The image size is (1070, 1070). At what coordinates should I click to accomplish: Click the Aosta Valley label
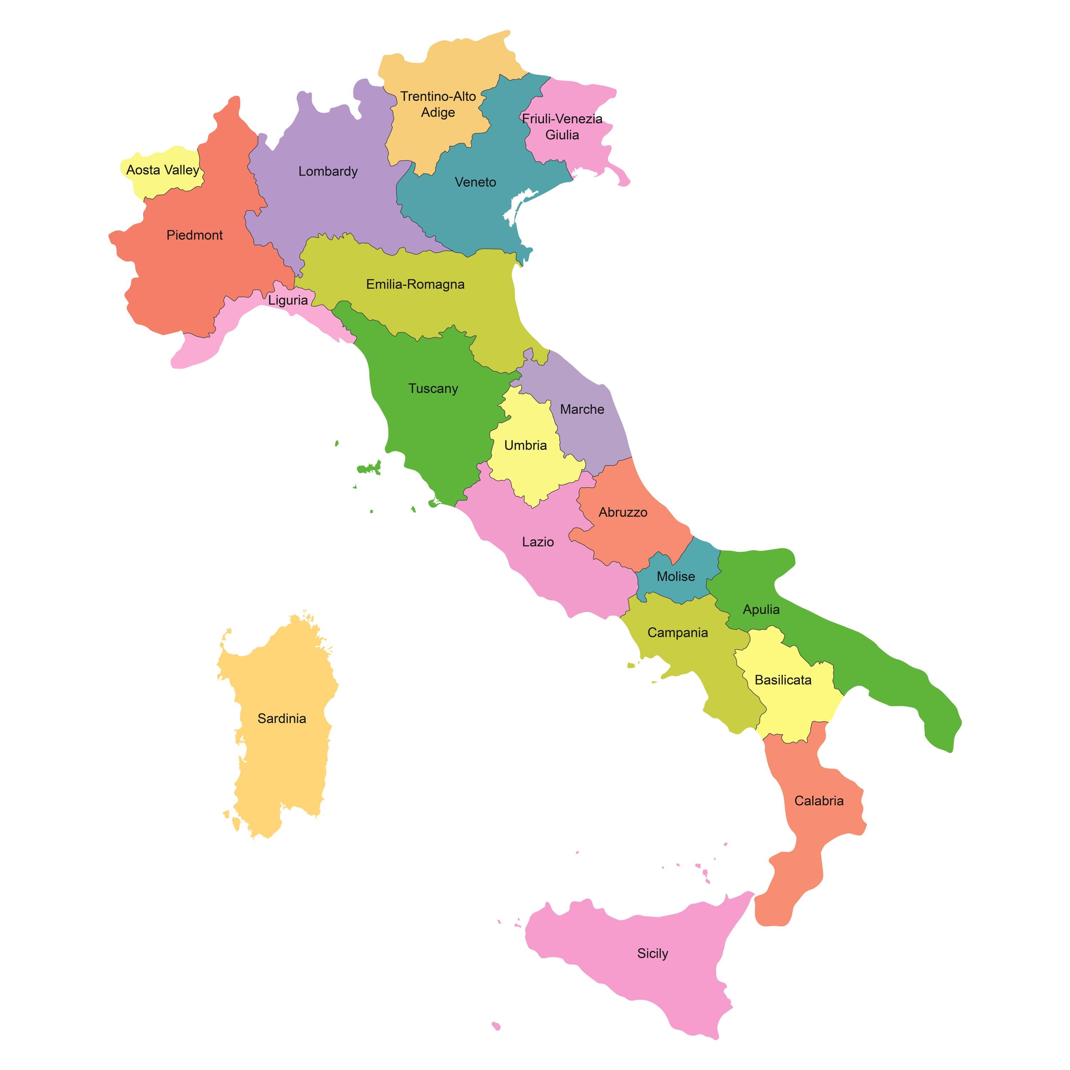[x=162, y=170]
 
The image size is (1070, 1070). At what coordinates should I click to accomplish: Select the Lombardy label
[x=328, y=172]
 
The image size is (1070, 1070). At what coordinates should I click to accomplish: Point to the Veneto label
[x=475, y=182]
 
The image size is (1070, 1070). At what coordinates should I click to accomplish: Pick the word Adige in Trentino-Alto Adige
[x=438, y=112]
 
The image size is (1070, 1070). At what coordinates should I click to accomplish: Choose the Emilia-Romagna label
[x=416, y=285]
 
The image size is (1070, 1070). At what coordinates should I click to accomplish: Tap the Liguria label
[x=288, y=300]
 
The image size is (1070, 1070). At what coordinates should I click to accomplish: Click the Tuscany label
[x=433, y=389]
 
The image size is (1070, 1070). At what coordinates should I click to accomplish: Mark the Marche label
[x=582, y=409]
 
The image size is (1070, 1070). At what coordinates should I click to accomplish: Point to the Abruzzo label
[x=622, y=512]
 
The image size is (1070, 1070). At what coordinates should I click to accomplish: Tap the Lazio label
[x=538, y=542]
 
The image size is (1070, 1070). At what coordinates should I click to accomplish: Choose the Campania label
[x=677, y=632]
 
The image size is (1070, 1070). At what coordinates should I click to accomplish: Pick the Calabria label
[x=819, y=801]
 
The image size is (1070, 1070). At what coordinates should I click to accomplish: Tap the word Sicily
[x=652, y=953]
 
